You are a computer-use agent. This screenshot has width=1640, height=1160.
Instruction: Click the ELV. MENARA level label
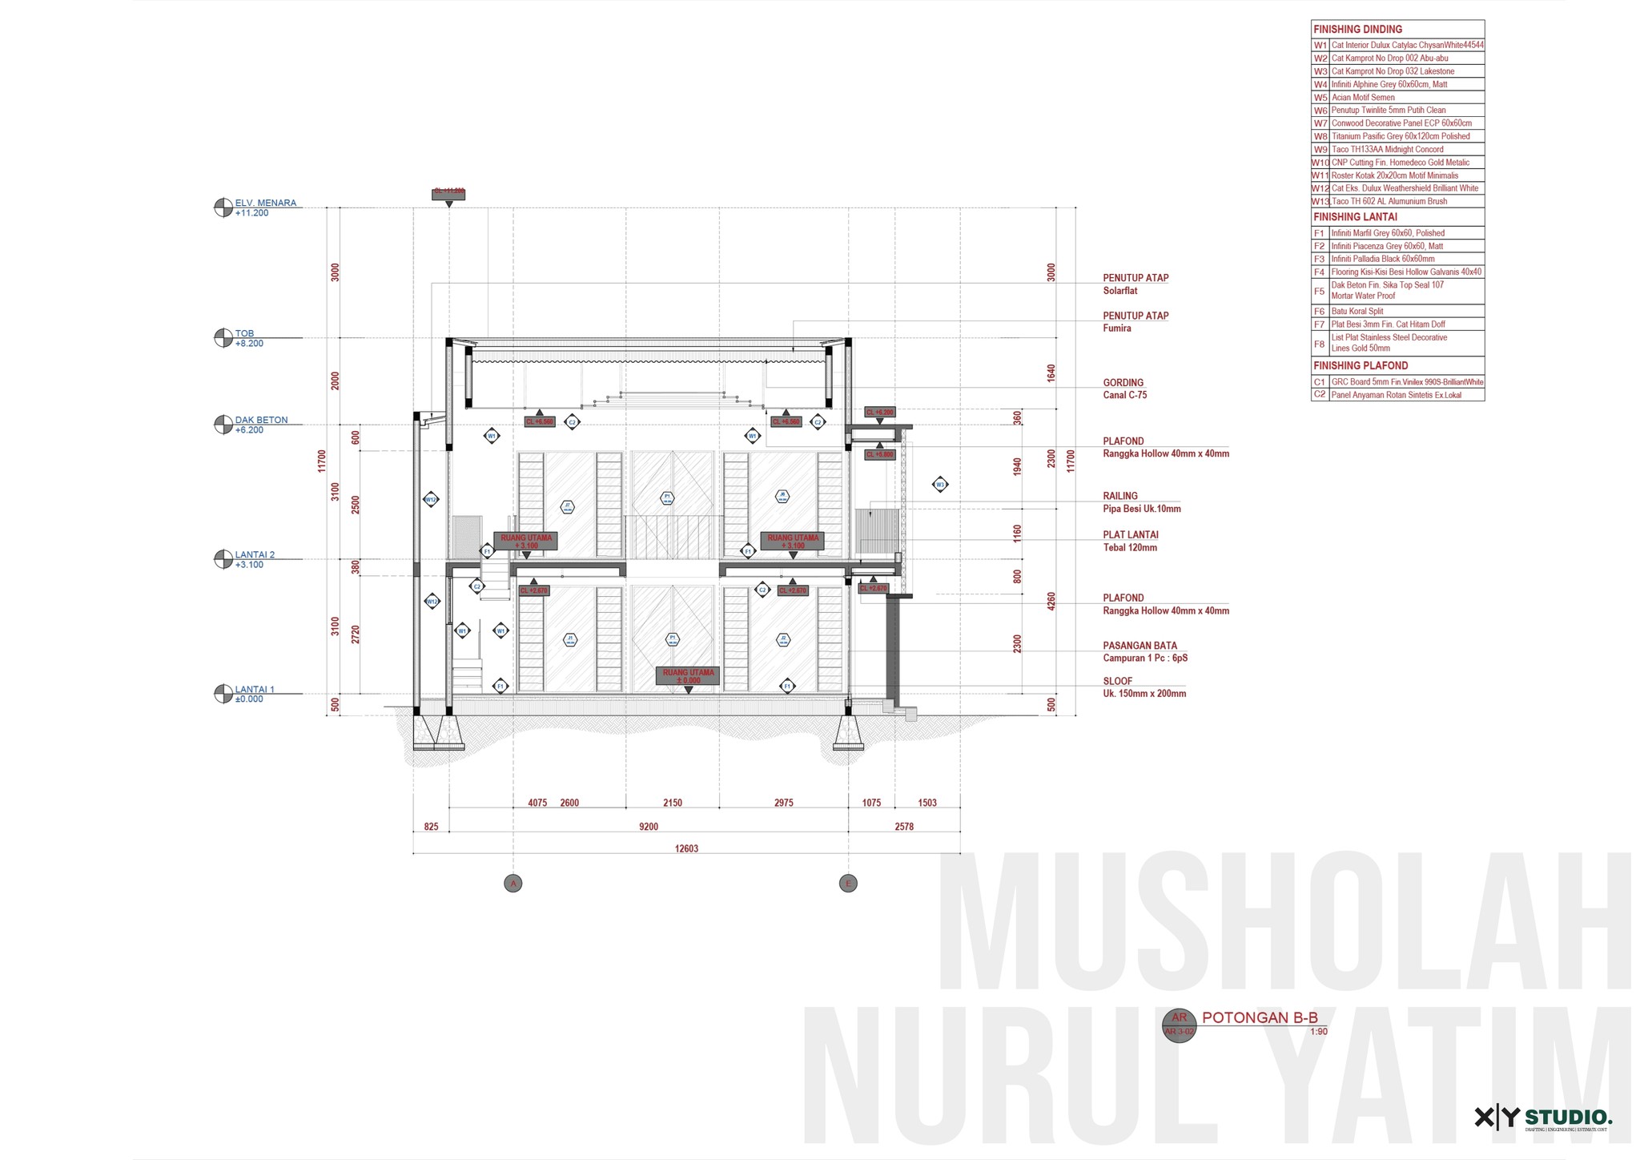(265, 203)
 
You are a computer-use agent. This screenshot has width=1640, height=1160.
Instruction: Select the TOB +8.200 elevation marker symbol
(223, 338)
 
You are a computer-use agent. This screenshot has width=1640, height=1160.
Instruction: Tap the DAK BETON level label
(261, 421)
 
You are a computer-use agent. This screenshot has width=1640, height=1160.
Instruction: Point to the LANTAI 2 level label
(255, 555)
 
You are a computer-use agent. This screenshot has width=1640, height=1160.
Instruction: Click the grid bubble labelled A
(513, 884)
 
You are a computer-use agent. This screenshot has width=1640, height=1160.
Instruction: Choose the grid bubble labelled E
(848, 884)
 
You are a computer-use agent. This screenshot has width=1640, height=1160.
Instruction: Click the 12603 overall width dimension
(686, 848)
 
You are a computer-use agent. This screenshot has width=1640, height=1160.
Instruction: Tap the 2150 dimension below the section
(673, 803)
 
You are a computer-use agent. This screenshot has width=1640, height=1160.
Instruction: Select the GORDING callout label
(1123, 383)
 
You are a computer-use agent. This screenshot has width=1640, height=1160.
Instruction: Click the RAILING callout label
(1119, 496)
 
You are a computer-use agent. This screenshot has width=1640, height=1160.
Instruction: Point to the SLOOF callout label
(1117, 681)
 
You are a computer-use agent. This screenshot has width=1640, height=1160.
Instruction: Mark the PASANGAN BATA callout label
(1140, 646)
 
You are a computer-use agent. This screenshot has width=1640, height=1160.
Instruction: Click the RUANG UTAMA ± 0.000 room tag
(688, 676)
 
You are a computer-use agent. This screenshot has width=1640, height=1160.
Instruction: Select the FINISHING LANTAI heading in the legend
(1355, 217)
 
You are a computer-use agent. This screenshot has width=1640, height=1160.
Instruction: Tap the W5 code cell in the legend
(1320, 98)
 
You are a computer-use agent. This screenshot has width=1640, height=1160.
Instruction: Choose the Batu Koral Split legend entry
(1357, 311)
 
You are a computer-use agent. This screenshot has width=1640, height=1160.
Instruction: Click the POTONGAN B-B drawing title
(1260, 1018)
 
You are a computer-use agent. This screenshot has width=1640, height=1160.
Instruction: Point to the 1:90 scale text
(1318, 1032)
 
